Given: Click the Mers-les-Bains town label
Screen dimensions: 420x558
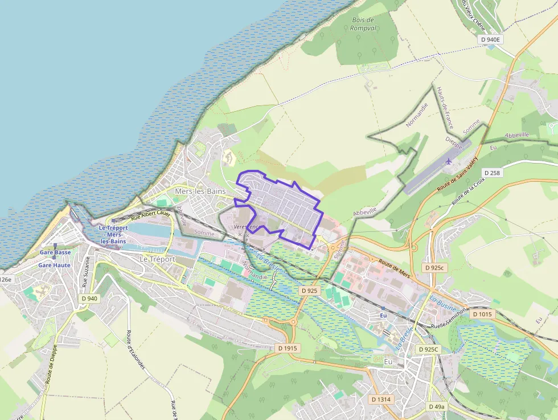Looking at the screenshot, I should coord(200,191).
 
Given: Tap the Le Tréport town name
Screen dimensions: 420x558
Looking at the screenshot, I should coord(157,259).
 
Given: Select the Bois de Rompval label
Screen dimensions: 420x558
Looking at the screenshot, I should coord(363,24).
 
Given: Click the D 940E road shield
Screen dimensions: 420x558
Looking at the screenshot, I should coord(490,39).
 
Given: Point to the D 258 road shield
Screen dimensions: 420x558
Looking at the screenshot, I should coord(493,172).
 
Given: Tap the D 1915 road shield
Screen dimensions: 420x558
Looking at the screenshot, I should coord(289,348).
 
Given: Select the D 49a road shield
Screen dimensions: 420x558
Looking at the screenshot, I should coord(436,406).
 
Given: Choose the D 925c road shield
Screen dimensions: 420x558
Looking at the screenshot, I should coord(434,267).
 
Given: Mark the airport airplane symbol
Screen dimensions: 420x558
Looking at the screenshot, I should coord(449,161).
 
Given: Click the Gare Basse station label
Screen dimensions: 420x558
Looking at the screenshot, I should coord(55,252).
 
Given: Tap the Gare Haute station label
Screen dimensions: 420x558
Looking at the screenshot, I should coord(54,265).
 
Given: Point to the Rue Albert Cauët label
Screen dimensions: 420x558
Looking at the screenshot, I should coord(151,214).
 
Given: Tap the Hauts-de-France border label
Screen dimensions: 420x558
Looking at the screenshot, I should coord(445,107).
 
